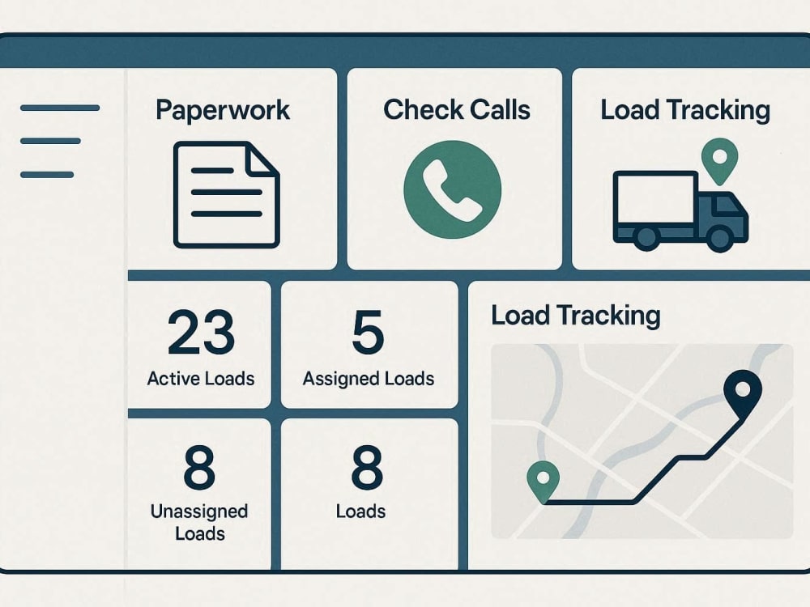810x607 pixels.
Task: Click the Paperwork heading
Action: [223, 110]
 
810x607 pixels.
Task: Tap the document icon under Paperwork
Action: [227, 194]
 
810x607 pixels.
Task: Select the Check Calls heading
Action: [457, 109]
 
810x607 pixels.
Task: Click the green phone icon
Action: [453, 189]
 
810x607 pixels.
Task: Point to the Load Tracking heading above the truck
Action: [685, 110]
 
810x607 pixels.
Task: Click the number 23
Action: [202, 332]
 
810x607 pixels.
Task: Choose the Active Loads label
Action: [200, 379]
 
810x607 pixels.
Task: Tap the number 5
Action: [369, 332]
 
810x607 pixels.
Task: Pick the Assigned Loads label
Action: [369, 379]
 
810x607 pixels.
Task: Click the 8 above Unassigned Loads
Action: [199, 468]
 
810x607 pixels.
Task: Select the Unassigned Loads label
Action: [199, 522]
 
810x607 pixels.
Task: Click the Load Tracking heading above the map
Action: [575, 316]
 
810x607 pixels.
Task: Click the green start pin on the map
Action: [543, 481]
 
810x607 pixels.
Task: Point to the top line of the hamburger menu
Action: [60, 108]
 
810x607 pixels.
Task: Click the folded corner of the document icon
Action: [260, 158]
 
